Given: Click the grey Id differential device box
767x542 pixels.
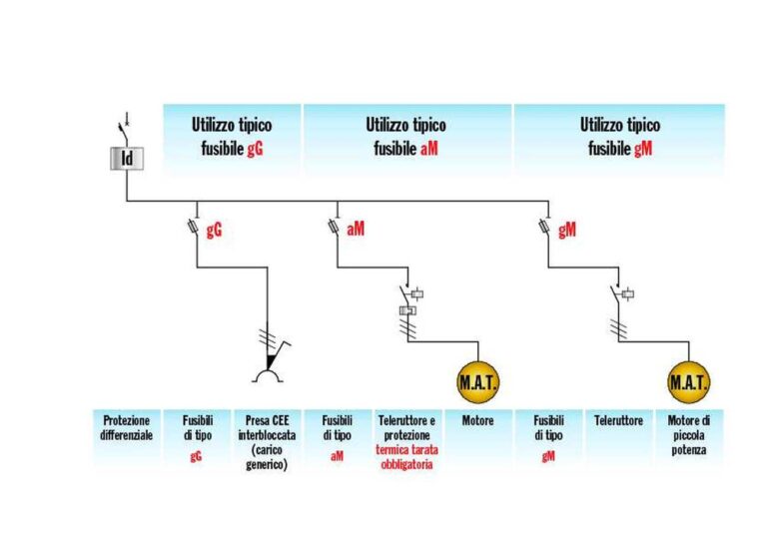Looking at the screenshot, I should click(127, 158).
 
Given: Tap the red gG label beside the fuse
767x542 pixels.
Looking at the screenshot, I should click(214, 230).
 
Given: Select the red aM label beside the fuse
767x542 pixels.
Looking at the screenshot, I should click(357, 230).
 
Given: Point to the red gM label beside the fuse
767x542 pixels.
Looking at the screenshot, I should click(567, 230).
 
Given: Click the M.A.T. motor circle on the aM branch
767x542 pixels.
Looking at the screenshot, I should click(477, 382).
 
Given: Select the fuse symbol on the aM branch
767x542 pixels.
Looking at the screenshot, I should click(337, 229).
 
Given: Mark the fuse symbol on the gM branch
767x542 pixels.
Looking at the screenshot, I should click(547, 229).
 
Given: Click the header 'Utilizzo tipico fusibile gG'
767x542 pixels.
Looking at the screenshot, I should click(232, 138).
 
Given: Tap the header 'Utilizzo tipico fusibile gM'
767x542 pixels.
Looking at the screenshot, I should click(619, 138).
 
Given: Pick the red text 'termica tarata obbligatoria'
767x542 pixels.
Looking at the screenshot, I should click(404, 457).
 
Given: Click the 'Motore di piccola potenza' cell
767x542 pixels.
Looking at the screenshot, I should click(689, 435).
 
